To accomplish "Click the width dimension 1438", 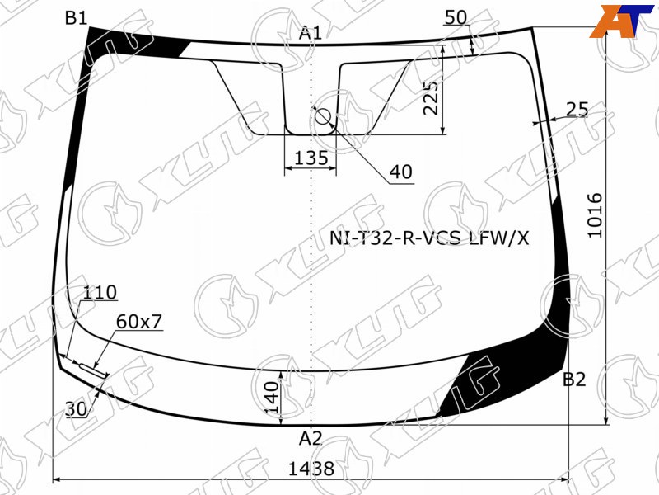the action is (x=311, y=468).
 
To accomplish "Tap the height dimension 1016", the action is (x=595, y=215).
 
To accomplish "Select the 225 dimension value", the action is (x=431, y=98).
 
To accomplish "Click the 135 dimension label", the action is (x=311, y=158).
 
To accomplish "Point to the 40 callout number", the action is (x=401, y=172).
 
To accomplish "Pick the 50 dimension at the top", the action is (x=456, y=17).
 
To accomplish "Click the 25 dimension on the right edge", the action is (x=577, y=110).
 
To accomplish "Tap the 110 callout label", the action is (x=100, y=292).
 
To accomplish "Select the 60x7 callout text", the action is (x=139, y=322).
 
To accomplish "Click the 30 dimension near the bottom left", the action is (x=76, y=408).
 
